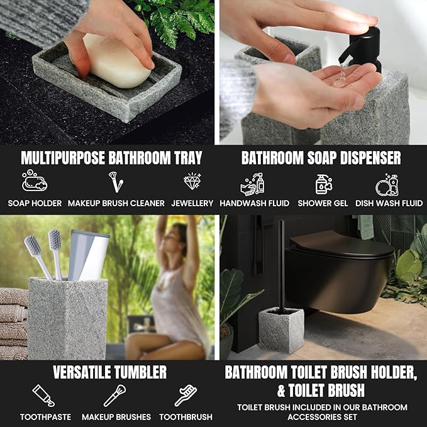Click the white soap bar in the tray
(x=118, y=61)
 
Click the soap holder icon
(x=35, y=182)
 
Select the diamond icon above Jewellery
(x=192, y=182)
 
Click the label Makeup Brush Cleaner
(x=116, y=203)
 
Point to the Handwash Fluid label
(x=255, y=203)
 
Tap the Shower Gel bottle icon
(x=323, y=184)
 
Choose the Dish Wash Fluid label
(x=389, y=203)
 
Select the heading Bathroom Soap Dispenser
(x=321, y=157)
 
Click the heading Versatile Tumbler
(x=109, y=372)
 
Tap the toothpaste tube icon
(x=43, y=395)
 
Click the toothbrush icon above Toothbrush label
(x=186, y=395)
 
